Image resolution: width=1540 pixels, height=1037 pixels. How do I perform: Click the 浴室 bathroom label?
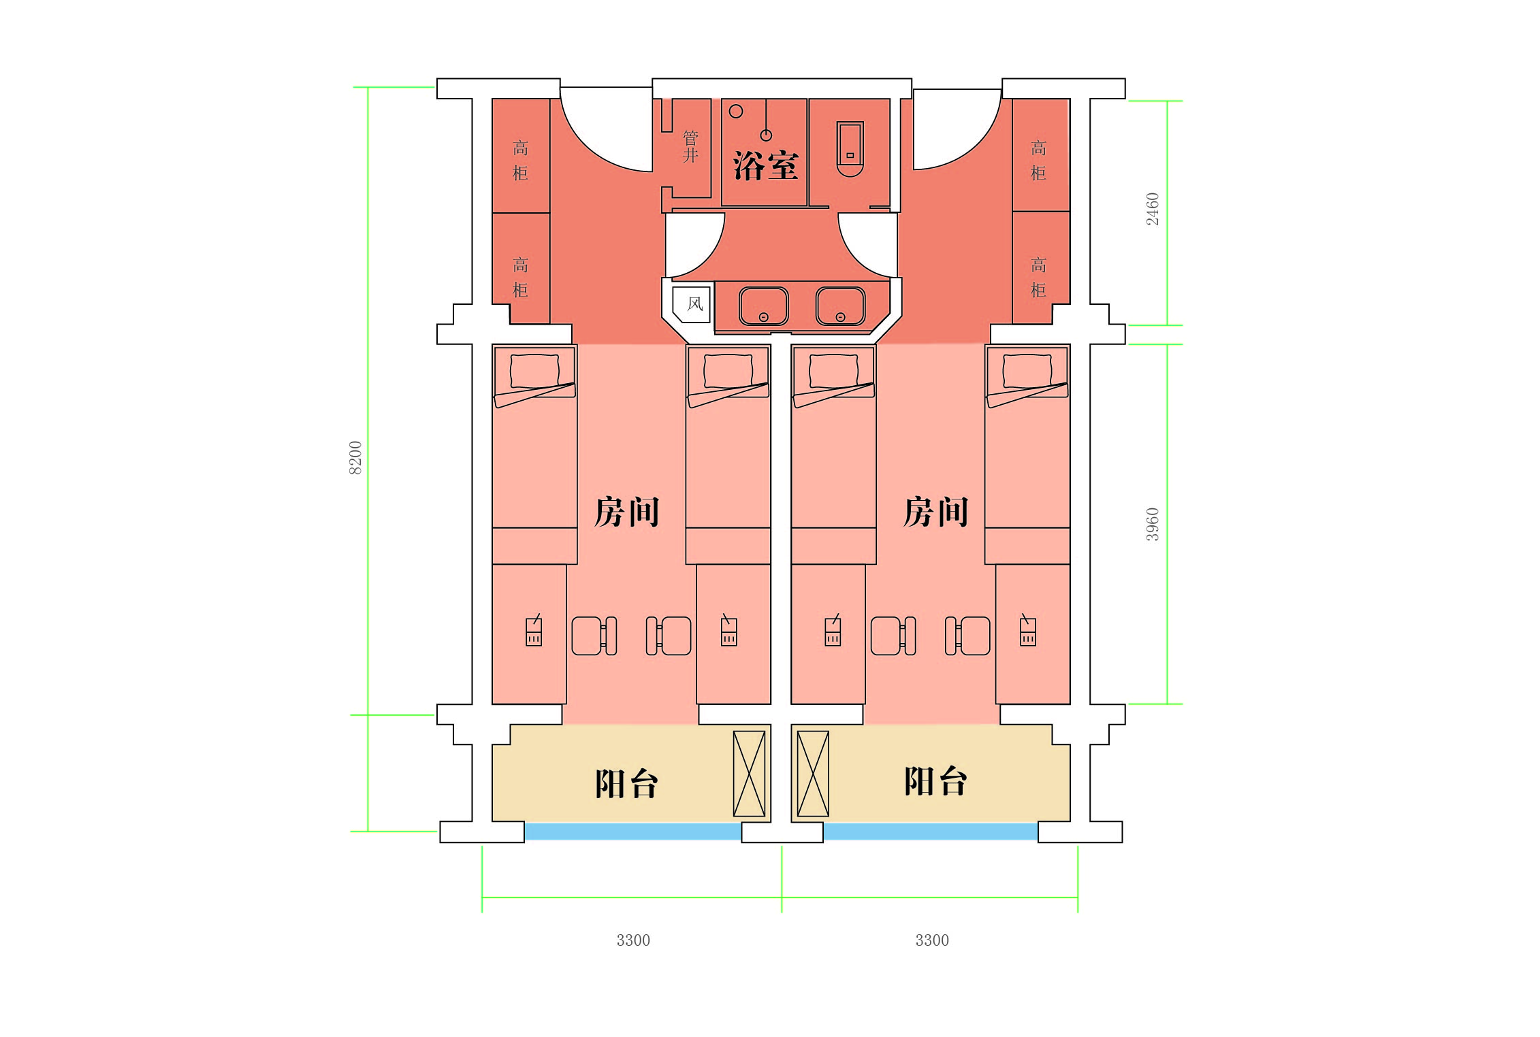(765, 165)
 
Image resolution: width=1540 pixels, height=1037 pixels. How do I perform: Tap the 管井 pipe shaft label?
(690, 147)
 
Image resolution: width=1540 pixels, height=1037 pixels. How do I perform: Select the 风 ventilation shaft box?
(693, 303)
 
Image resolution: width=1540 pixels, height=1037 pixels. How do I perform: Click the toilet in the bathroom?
(850, 148)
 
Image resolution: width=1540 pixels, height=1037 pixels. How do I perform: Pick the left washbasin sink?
(763, 306)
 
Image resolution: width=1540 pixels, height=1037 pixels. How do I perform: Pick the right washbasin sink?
(840, 306)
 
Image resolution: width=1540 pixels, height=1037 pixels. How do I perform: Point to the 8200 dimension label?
(355, 457)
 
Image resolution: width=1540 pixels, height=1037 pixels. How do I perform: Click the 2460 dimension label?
(1152, 209)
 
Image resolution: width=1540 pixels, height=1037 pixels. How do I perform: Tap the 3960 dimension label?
(1152, 524)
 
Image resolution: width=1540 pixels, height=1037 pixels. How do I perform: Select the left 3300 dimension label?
(633, 940)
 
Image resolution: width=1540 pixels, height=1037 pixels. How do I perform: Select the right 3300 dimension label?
(931, 940)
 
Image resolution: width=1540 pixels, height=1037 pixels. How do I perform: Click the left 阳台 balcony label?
(626, 783)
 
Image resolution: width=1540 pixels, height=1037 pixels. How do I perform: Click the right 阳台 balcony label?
(935, 781)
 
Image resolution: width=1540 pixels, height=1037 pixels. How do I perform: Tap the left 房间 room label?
(626, 512)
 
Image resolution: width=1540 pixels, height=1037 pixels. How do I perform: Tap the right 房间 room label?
(935, 512)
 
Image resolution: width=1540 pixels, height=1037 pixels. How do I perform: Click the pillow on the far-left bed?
(534, 371)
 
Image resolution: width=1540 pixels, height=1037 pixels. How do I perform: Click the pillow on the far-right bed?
(1027, 371)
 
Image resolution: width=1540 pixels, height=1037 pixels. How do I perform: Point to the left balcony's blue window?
(632, 831)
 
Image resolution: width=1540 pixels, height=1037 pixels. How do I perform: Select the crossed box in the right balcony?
(813, 774)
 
